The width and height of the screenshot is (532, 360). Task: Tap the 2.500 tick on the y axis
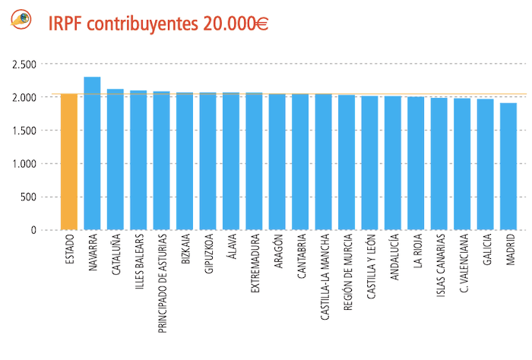[x=24, y=64]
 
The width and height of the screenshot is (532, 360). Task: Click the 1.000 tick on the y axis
[x=24, y=163]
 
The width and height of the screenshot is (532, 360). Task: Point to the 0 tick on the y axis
[x=32, y=230]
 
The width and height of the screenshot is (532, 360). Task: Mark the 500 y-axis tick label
[x=28, y=197]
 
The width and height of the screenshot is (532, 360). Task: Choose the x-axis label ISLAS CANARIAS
[x=439, y=273]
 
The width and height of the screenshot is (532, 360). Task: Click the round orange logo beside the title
[x=21, y=21]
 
